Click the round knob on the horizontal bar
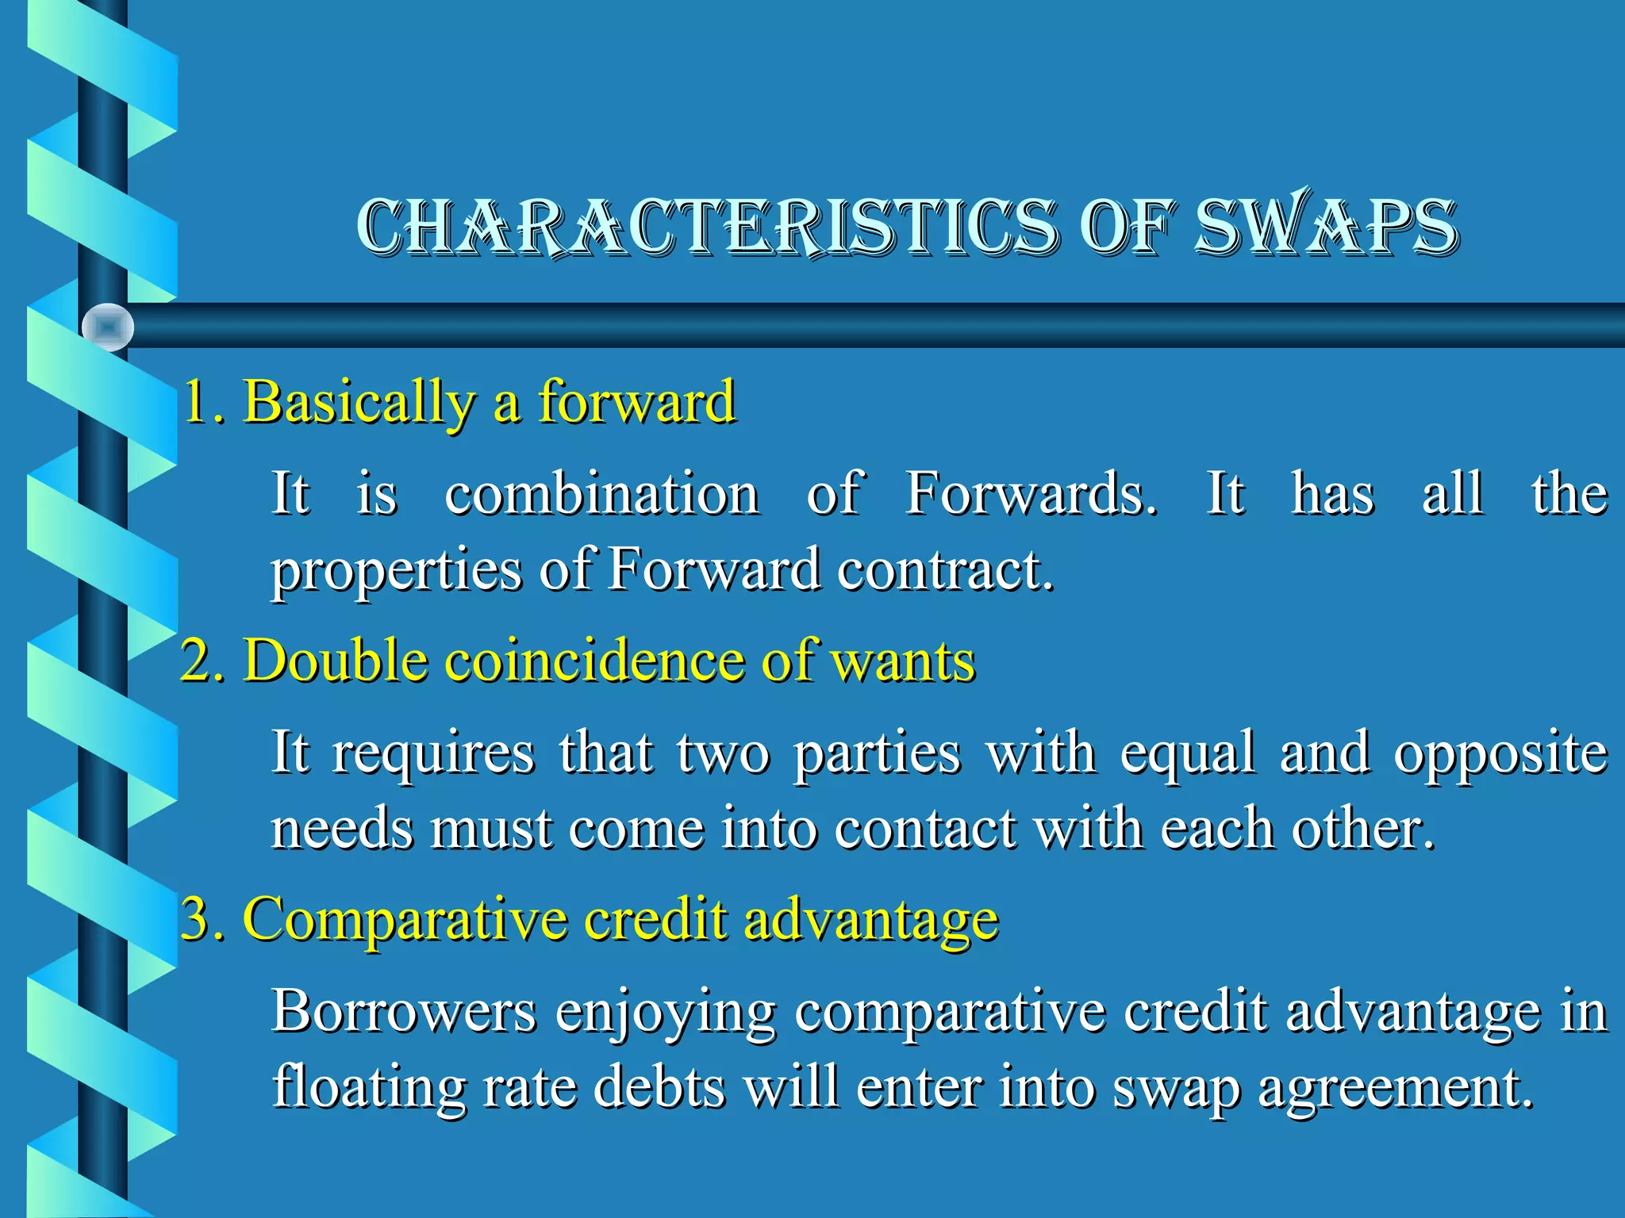(x=108, y=327)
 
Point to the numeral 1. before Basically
(x=203, y=402)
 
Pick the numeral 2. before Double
(x=202, y=661)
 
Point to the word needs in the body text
(x=342, y=829)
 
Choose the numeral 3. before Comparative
(x=202, y=919)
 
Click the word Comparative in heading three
(x=405, y=921)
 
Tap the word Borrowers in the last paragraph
(x=403, y=1012)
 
